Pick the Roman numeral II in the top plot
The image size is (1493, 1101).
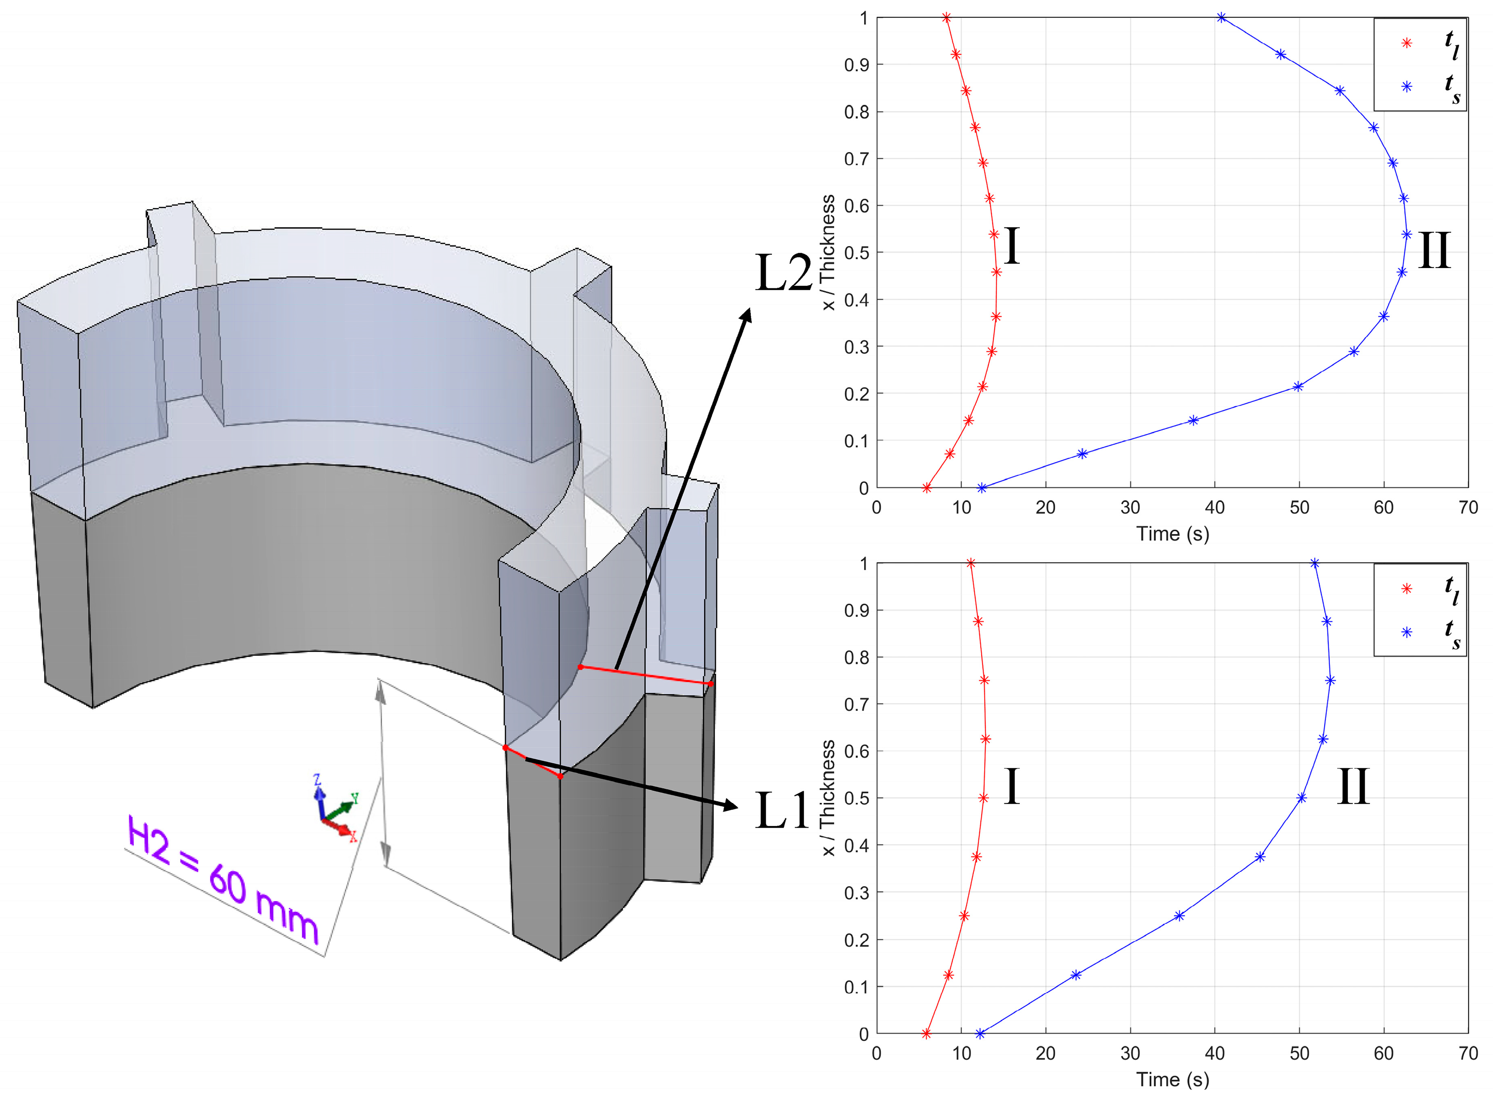point(1434,251)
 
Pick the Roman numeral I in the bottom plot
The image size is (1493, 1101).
point(1012,786)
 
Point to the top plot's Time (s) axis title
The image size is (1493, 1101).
point(1172,534)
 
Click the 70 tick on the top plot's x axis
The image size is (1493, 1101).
point(1468,508)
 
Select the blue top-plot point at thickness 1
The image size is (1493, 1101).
point(1221,17)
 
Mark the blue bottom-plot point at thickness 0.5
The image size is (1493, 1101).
point(1301,798)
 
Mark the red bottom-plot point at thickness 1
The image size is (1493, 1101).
point(970,563)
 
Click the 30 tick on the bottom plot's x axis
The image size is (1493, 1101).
point(1129,1053)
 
